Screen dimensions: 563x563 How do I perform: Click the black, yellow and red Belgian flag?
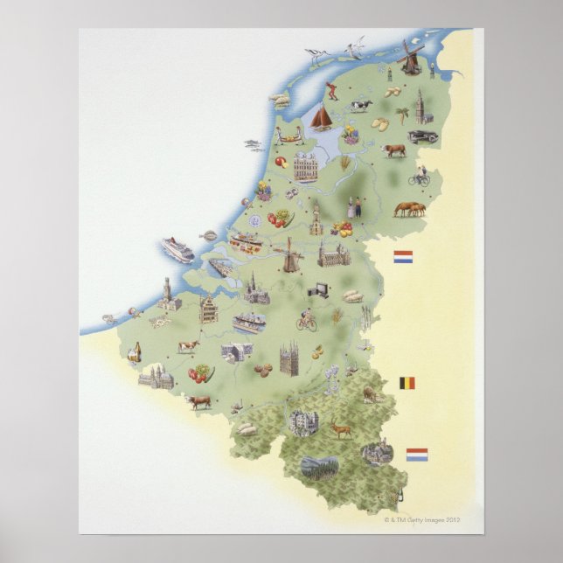(407, 382)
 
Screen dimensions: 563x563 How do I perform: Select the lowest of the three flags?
(417, 454)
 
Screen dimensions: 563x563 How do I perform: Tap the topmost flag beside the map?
(403, 258)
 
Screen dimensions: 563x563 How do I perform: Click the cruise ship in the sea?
(177, 249)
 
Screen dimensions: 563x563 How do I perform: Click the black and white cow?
(361, 107)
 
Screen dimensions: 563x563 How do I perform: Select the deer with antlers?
(338, 429)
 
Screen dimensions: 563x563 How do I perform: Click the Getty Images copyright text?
(421, 518)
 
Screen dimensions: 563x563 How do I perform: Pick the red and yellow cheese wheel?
(284, 163)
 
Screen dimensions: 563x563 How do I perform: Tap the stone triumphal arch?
(235, 352)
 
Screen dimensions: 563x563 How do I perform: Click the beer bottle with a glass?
(133, 353)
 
